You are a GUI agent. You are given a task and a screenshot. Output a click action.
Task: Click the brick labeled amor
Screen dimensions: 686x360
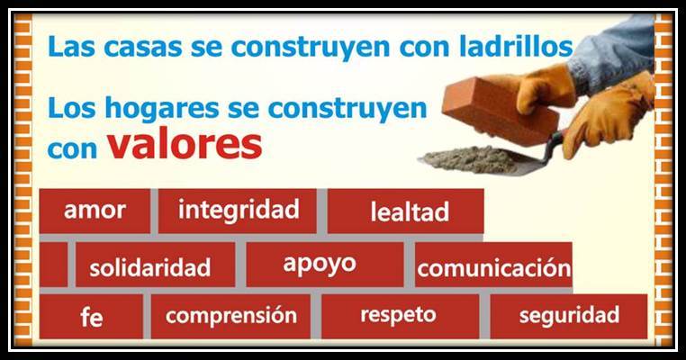[95, 211]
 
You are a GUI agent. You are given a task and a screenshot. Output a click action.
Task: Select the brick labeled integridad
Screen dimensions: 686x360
[237, 211]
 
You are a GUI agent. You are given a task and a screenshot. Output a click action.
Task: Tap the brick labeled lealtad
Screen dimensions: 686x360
[405, 211]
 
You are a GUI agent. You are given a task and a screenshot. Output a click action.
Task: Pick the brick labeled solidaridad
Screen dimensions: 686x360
[156, 265]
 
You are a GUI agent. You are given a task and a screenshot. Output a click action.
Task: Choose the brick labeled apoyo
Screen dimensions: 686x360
[325, 265]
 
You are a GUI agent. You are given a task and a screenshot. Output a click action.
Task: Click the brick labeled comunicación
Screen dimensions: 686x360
[493, 265]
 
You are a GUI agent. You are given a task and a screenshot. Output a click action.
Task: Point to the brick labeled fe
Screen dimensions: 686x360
[91, 316]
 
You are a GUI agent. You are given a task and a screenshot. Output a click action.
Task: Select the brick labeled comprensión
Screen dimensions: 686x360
[230, 316]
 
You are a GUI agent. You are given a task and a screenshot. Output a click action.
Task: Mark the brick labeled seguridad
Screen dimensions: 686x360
[569, 316]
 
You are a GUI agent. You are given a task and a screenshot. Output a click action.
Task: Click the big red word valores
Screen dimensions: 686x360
[185, 144]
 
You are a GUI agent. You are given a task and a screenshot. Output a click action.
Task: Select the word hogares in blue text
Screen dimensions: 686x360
[162, 109]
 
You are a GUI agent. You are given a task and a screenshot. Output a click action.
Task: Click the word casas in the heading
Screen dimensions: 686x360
[142, 47]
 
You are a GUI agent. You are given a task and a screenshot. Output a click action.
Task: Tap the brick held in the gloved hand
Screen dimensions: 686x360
[500, 110]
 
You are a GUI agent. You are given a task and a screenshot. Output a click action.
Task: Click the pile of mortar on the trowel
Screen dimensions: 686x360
[470, 159]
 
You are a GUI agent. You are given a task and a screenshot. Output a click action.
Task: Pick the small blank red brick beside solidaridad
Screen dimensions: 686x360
[53, 265]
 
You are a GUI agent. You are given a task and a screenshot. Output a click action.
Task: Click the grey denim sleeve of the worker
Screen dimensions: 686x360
[612, 52]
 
